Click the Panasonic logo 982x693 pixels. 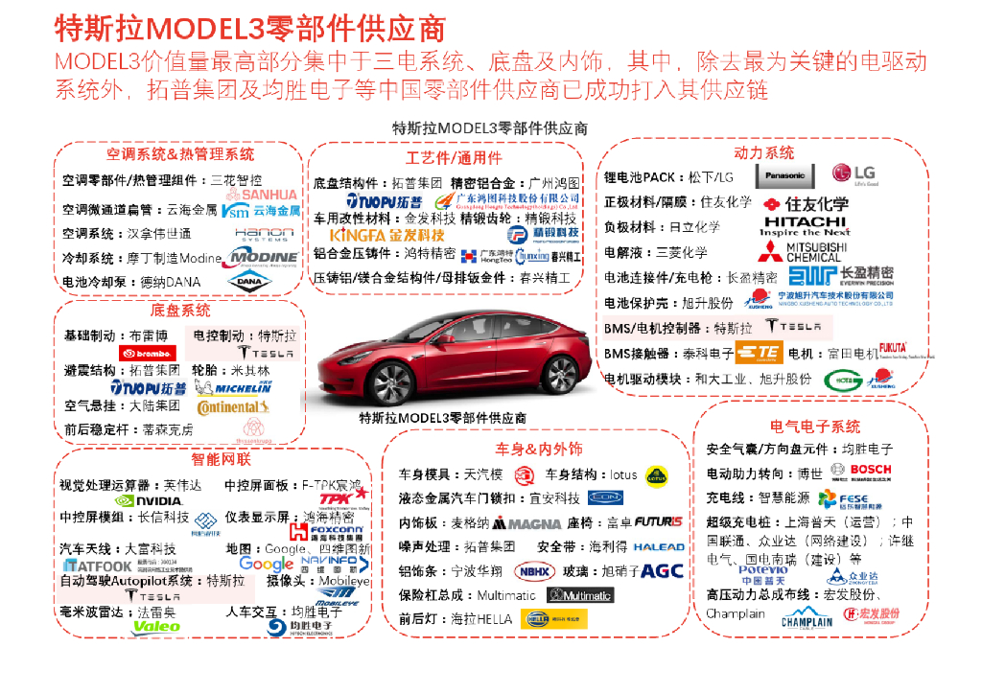(x=785, y=175)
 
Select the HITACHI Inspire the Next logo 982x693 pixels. (x=806, y=226)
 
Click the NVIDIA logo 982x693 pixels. (x=149, y=500)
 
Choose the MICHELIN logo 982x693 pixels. (x=232, y=387)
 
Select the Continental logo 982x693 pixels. (x=227, y=406)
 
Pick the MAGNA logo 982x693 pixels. (x=527, y=523)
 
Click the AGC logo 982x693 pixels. (x=662, y=570)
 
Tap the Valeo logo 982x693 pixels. (x=156, y=626)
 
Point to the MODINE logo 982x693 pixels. (x=264, y=257)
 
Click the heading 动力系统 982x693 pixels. (x=763, y=152)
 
